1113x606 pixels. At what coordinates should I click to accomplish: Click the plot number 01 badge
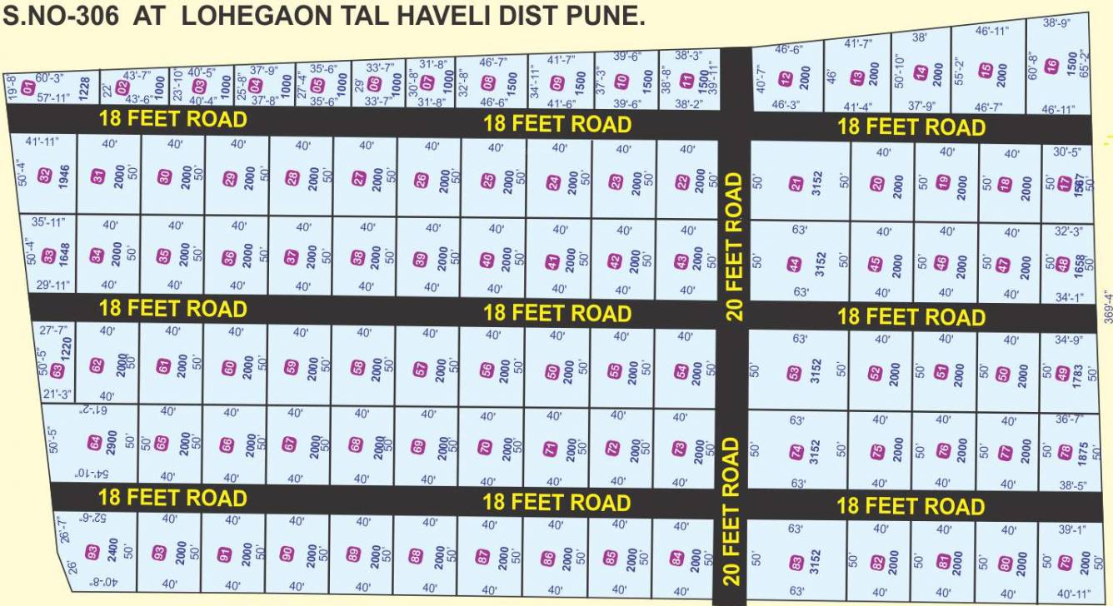click(x=28, y=87)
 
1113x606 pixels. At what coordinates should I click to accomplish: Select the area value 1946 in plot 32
click(x=64, y=176)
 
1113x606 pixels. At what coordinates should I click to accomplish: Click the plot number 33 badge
click(x=47, y=255)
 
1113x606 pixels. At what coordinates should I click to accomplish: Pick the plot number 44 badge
click(x=796, y=265)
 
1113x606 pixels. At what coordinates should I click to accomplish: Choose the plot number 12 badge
click(x=785, y=79)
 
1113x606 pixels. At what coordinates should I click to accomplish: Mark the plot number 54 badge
click(x=681, y=370)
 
